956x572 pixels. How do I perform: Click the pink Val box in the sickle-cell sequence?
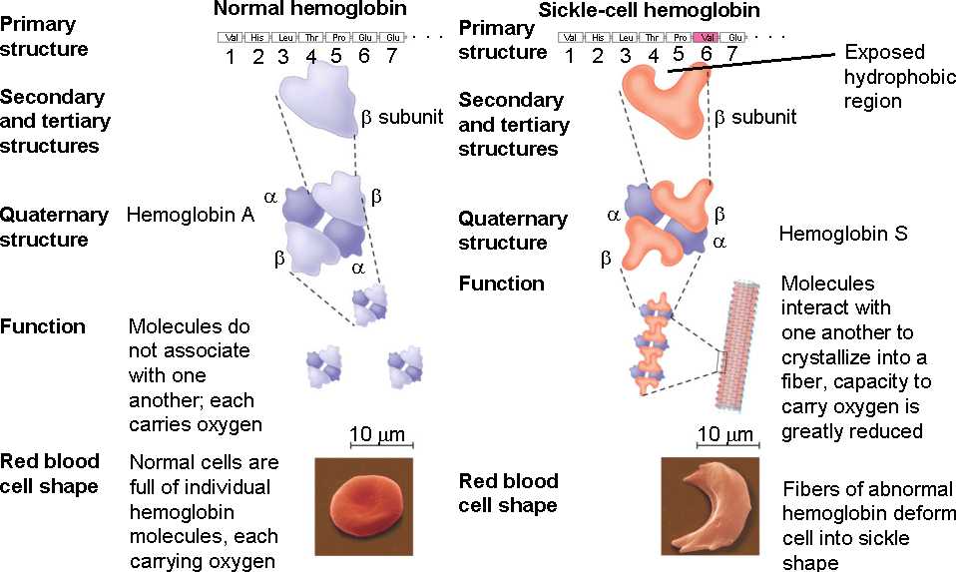(706, 37)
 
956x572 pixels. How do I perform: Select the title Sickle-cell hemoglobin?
(661, 11)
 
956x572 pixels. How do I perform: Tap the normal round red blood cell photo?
(363, 507)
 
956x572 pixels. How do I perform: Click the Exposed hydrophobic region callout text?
(885, 76)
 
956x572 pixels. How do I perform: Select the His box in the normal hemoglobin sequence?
(257, 37)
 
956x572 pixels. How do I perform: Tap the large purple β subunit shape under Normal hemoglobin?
(317, 95)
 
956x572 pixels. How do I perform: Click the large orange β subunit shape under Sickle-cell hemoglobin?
(665, 99)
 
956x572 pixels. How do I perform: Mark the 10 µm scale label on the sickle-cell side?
(725, 434)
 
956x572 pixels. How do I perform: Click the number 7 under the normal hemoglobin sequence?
(390, 56)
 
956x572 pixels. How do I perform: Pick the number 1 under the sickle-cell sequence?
(569, 56)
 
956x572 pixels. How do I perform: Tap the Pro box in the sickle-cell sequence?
(679, 37)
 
